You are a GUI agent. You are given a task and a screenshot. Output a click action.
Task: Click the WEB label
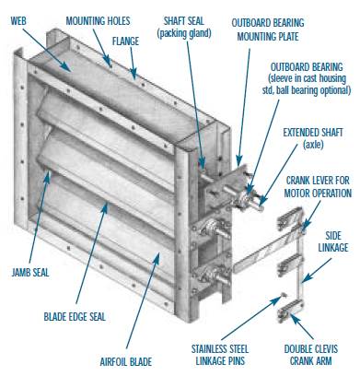tap(18, 21)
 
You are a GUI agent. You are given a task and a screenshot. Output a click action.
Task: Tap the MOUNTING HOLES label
tap(98, 21)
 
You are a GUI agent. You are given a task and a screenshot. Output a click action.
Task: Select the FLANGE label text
tap(125, 41)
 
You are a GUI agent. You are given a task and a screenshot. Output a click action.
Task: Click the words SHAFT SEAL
tap(184, 21)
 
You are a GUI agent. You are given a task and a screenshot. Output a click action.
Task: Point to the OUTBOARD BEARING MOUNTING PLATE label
tap(268, 29)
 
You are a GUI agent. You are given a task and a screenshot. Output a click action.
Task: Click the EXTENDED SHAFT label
tap(313, 133)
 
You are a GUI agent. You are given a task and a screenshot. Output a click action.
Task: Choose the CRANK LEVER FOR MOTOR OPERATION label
tap(318, 186)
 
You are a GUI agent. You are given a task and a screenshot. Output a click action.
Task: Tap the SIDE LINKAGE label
tap(333, 241)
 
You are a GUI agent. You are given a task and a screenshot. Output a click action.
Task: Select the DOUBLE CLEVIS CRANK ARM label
tap(311, 355)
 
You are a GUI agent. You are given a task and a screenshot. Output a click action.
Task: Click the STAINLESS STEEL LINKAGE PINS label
tap(220, 355)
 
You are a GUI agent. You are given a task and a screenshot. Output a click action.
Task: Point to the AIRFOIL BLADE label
tap(126, 361)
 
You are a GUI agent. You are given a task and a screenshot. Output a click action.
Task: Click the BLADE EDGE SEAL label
tap(75, 316)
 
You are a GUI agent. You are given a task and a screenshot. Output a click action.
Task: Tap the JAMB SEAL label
tap(30, 273)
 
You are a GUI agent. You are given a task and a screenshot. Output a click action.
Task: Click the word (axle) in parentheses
tap(313, 145)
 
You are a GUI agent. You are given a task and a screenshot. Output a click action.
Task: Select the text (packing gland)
tap(184, 33)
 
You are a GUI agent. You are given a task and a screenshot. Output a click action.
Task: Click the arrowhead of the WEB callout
tap(67, 67)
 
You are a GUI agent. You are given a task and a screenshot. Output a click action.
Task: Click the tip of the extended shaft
tap(261, 208)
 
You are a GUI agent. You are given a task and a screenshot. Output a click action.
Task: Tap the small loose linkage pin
tap(284, 295)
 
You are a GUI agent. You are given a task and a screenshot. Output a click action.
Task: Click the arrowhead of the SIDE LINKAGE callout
tap(305, 278)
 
